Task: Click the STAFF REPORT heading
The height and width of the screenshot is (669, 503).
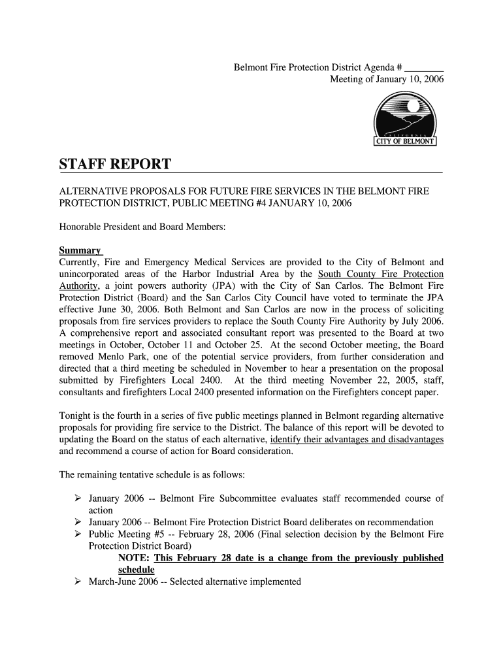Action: [x=116, y=164]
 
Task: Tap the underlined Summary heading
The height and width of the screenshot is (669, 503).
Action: [x=80, y=250]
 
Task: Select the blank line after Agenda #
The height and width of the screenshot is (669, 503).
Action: [x=424, y=68]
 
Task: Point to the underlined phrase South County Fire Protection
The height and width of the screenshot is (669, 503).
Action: [x=380, y=274]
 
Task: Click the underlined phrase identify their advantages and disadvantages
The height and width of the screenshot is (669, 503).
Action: [x=357, y=440]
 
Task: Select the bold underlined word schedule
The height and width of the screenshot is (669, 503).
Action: [x=136, y=570]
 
